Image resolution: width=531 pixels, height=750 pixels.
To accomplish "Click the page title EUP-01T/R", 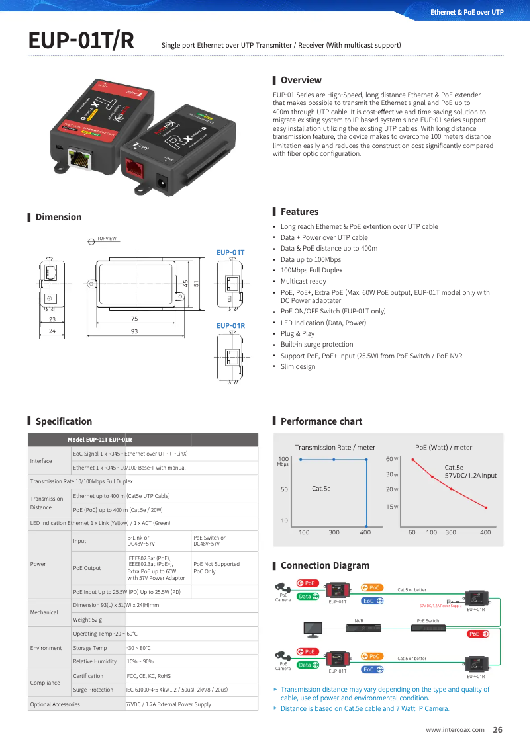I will coord(81,40).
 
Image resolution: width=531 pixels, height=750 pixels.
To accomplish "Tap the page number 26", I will coord(497,730).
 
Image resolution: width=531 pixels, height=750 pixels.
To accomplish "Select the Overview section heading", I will coord(301,80).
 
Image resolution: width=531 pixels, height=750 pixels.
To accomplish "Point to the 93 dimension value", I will coord(134,331).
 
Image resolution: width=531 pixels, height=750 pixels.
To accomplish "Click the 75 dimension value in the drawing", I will coord(134,319).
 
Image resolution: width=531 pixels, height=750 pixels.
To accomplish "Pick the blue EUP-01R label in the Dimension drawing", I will coord(230,326).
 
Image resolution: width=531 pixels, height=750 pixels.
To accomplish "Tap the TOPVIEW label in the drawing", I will coord(106,239).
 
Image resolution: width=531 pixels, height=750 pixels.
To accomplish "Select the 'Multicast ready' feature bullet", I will coord(303,281).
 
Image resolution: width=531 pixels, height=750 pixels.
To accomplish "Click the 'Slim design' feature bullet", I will coord(298,366).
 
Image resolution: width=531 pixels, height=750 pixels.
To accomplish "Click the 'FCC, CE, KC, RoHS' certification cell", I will coord(149,676).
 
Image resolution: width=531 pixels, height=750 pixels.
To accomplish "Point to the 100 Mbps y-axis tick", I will coord(283,459).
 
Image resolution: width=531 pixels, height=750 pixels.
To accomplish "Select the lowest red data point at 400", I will coord(486,508).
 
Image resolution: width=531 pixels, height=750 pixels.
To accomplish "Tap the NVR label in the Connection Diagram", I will coord(359,621).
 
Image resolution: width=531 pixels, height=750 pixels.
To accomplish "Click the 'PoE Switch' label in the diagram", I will coord(428,621).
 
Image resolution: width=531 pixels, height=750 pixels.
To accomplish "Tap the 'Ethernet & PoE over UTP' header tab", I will coord(467,12).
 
